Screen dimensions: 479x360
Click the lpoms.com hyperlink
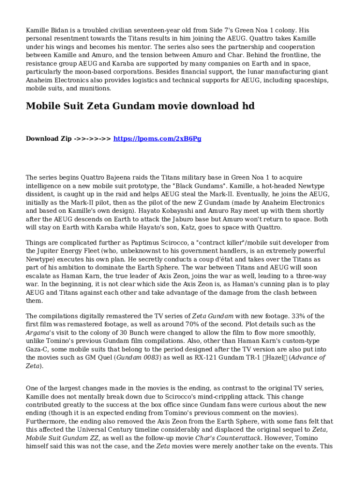click(x=158, y=138)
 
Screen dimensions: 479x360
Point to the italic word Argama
click(x=37, y=333)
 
